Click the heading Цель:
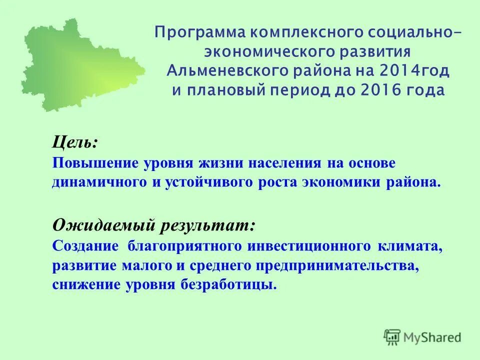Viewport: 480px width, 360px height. (75, 142)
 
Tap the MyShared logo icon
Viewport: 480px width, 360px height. (392, 336)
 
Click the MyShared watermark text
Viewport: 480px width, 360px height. (432, 337)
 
